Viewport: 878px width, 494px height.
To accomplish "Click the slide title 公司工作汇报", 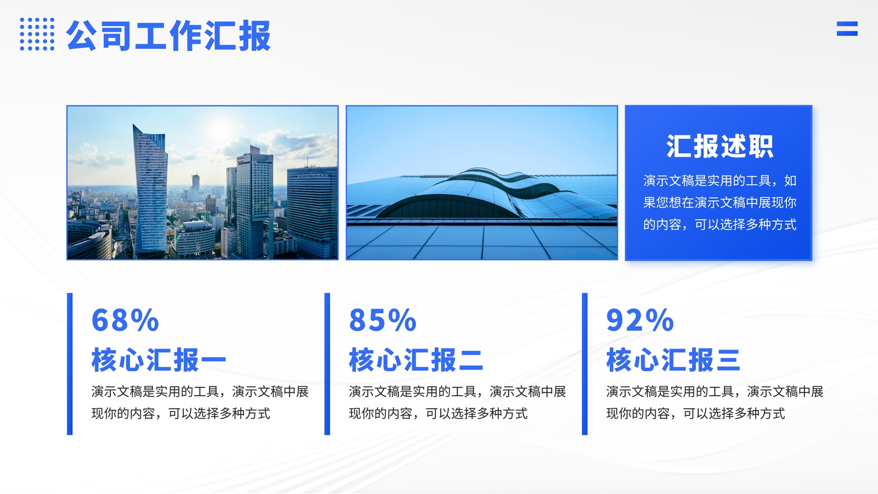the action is click(168, 36).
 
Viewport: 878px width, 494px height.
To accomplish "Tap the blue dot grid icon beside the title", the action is click(37, 34).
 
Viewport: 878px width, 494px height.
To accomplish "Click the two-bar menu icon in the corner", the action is click(847, 29).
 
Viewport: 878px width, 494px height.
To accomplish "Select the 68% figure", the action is click(125, 320).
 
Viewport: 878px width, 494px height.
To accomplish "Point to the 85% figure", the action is click(382, 320).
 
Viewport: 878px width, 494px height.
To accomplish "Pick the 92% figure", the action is click(640, 320).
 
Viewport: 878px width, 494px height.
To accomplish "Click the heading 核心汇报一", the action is click(159, 360).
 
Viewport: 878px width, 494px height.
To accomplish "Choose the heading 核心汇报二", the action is click(416, 360).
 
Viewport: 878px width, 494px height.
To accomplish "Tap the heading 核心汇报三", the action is click(673, 360).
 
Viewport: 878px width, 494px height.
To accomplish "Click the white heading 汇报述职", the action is click(719, 146).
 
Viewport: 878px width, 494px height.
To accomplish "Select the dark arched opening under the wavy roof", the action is click(451, 207).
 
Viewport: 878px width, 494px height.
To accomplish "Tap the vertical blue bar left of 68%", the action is click(70, 364).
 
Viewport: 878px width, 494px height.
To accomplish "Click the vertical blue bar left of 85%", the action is click(327, 364).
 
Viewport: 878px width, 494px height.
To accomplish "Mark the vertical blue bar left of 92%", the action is click(585, 364).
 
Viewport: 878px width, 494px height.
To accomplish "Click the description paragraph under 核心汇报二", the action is click(458, 402).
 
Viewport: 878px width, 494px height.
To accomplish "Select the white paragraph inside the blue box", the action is click(719, 203).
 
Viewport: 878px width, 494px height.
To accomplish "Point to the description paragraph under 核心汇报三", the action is click(714, 402).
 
